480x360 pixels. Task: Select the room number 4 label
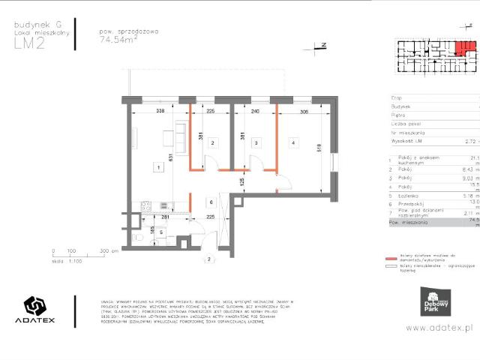293,142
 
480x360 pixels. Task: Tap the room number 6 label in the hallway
211,202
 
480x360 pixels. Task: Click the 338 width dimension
160,111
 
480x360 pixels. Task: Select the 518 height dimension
319,147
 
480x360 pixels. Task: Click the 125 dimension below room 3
241,181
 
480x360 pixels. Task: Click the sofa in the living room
181,135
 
